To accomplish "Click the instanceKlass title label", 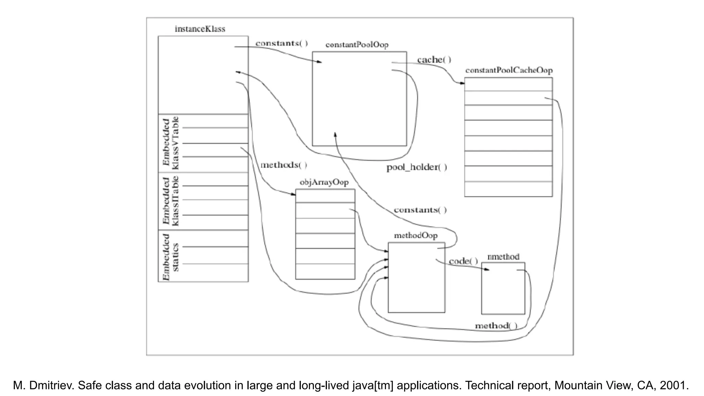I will [200, 29].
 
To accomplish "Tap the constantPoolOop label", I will [357, 45].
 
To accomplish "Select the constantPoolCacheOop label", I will [509, 70].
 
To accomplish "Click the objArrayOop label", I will [324, 182].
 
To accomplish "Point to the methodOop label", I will [416, 235].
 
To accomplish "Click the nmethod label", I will [503, 257].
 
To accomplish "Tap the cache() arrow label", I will [434, 60].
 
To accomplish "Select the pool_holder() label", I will [417, 167].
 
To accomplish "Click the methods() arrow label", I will [284, 165].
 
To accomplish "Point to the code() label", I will [463, 261].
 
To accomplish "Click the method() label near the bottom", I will [496, 326].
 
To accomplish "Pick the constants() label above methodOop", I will [420, 210].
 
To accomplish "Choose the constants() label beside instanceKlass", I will [282, 43].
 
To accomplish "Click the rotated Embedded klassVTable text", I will [170, 143].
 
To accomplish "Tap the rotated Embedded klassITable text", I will [170, 201].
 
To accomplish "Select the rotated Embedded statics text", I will [170, 257].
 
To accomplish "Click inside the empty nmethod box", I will [503, 292].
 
